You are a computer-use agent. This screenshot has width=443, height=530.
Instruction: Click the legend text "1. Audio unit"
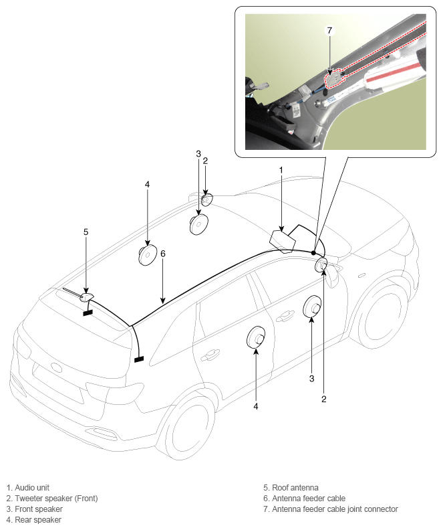(27, 488)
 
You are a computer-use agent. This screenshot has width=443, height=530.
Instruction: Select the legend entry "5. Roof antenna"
(291, 488)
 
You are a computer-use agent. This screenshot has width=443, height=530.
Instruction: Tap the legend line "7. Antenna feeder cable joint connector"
(331, 509)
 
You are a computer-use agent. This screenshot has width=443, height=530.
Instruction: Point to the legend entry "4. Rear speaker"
(33, 520)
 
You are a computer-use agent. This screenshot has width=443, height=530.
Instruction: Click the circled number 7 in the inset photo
(329, 30)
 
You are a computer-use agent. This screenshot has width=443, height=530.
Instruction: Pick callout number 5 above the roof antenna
(86, 232)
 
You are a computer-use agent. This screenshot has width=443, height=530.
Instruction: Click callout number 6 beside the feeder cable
(163, 254)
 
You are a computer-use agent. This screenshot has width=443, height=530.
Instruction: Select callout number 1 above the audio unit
(281, 171)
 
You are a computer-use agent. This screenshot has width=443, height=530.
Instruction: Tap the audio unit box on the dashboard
(283, 241)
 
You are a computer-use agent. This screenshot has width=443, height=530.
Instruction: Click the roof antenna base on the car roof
(86, 297)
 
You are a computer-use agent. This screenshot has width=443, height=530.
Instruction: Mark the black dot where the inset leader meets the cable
(313, 252)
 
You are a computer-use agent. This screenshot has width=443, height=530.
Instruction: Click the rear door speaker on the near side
(256, 337)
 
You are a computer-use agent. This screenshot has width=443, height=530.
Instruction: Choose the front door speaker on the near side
(312, 306)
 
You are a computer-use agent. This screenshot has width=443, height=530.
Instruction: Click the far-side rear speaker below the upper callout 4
(148, 254)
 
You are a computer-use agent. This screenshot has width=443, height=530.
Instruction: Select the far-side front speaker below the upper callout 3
(198, 224)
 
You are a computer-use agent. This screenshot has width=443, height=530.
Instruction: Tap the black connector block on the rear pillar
(139, 359)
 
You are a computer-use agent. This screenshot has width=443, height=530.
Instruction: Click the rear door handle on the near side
(210, 355)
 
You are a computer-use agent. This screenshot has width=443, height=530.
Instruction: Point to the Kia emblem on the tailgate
(57, 367)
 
